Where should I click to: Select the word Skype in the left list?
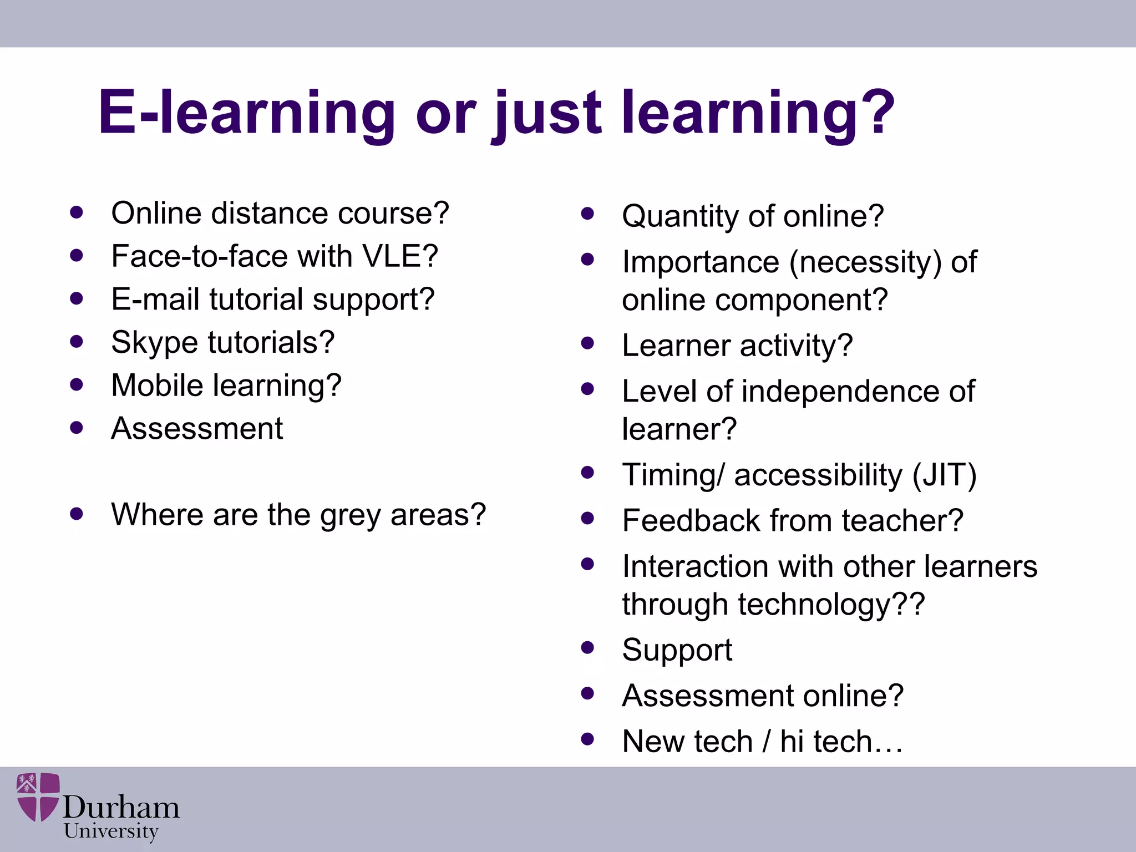point(154,343)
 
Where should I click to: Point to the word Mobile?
point(157,385)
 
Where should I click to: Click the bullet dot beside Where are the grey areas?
point(77,514)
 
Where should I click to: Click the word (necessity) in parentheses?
point(865,262)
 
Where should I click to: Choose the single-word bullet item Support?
point(677,650)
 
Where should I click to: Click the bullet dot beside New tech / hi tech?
point(587,739)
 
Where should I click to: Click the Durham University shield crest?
point(38,797)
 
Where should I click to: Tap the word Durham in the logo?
point(121,807)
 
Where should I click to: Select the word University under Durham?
point(111,831)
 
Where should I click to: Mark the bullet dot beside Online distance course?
point(77,212)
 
